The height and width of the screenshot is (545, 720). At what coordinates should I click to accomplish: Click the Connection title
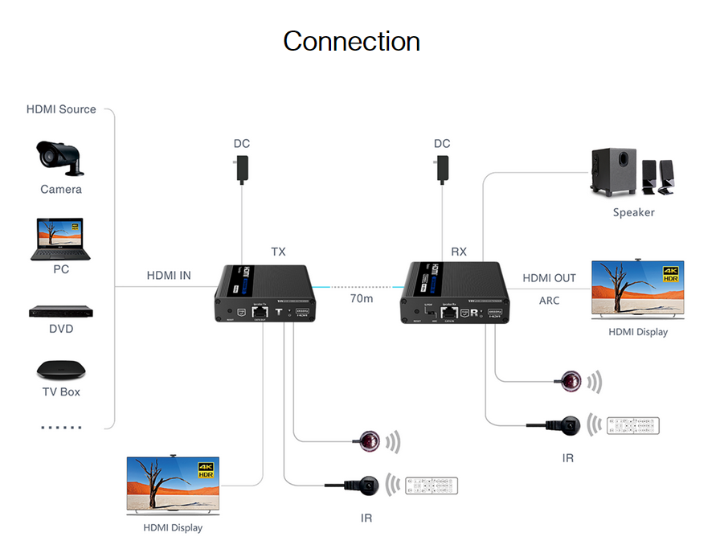click(x=351, y=41)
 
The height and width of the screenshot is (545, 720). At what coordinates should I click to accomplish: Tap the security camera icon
click(x=60, y=157)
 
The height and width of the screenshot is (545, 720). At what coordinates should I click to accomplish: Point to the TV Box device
click(x=61, y=370)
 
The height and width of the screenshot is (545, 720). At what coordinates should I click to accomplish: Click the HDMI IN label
click(x=169, y=276)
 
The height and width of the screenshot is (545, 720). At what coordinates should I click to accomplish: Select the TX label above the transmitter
click(x=278, y=252)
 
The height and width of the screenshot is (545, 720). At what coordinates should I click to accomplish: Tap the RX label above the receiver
click(x=458, y=252)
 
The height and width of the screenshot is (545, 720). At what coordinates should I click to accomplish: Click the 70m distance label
click(x=362, y=298)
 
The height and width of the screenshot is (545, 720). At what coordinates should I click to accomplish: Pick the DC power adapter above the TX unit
click(x=242, y=169)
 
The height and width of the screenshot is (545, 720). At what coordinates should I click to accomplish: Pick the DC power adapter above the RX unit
click(x=442, y=169)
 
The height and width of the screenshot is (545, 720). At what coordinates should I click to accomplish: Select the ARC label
click(x=550, y=301)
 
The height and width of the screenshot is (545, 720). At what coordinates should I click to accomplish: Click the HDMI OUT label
click(x=549, y=278)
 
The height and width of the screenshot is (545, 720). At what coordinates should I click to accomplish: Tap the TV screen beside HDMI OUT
click(x=637, y=290)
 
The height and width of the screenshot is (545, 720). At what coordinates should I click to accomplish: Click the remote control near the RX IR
click(x=633, y=425)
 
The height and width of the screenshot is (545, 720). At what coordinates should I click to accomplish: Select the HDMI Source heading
click(x=61, y=109)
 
